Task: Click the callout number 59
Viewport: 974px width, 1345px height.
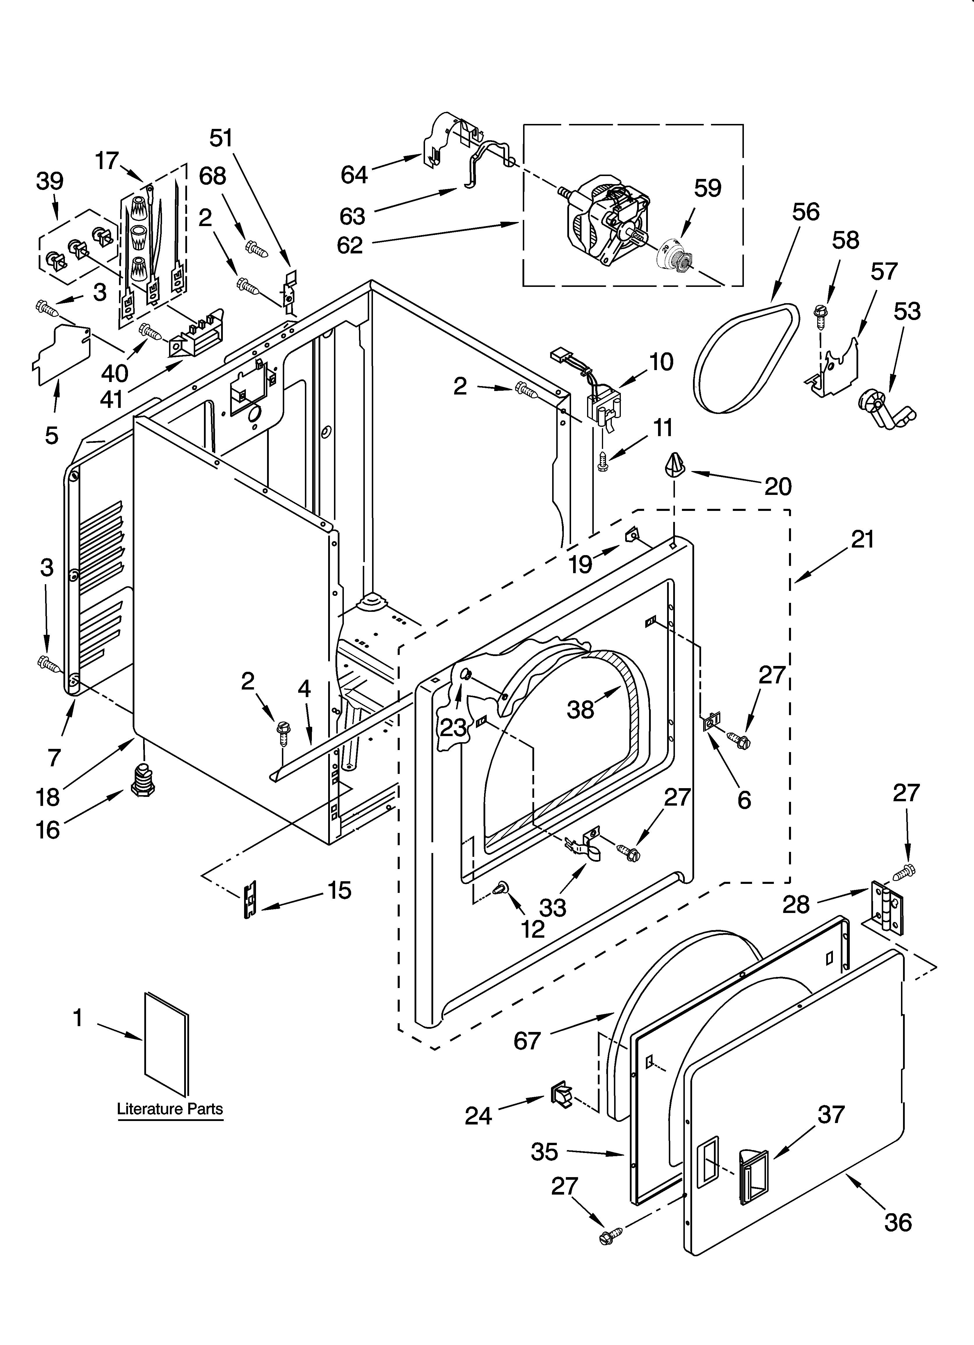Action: pyautogui.click(x=708, y=189)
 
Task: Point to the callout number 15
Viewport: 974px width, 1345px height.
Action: pyautogui.click(x=339, y=890)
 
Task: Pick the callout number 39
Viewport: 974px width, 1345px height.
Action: pyautogui.click(x=50, y=181)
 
